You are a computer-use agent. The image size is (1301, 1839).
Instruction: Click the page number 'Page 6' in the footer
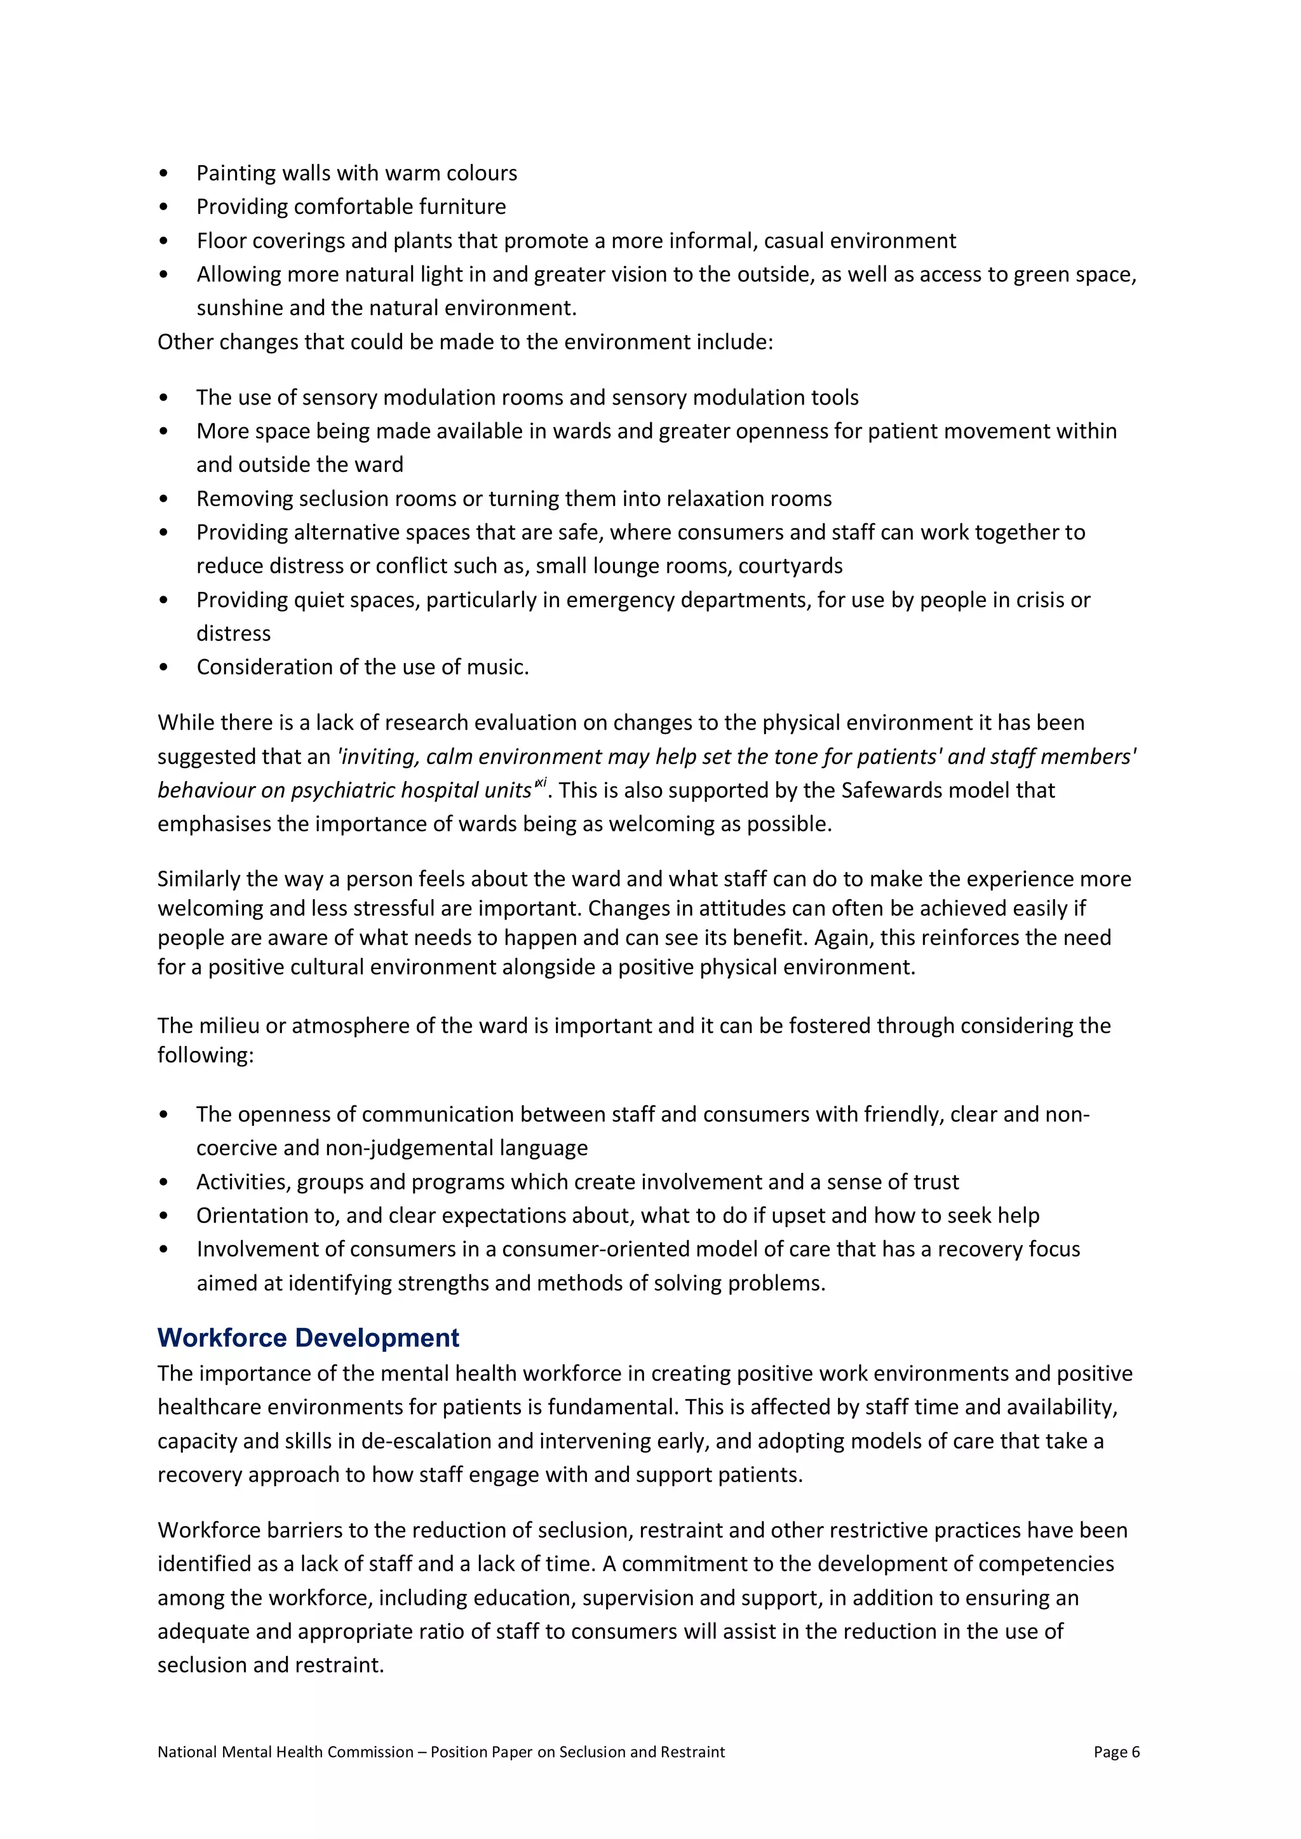point(1116,1752)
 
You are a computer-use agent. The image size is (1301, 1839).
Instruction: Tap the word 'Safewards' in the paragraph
point(889,791)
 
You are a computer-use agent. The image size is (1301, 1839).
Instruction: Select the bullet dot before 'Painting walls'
point(165,174)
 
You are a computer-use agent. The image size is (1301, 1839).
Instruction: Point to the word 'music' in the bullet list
point(498,667)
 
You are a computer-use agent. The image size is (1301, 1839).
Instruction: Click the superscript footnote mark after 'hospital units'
point(540,784)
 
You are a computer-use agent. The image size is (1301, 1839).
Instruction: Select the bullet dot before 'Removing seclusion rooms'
point(165,499)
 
